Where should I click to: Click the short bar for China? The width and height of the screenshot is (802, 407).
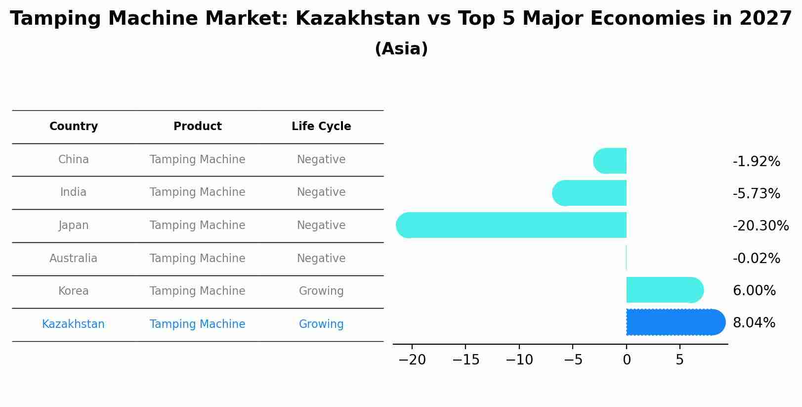point(610,161)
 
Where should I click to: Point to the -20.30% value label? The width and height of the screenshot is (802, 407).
point(760,226)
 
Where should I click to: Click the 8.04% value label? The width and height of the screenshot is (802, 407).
point(754,323)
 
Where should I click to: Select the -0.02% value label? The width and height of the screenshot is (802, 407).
point(756,258)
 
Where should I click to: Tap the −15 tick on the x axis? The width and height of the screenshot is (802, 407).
point(465,360)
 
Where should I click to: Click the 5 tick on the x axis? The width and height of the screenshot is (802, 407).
point(680,360)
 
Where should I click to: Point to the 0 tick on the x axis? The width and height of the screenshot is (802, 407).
point(627,360)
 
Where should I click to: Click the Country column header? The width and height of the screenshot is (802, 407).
point(74,127)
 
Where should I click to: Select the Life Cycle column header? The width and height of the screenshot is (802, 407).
point(321,127)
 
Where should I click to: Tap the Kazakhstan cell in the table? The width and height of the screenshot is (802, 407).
point(73,324)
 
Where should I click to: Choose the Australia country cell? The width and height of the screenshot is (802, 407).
point(73,258)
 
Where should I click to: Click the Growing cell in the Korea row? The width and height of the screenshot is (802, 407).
point(321,291)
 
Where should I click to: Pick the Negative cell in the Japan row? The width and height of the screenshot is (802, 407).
point(321,226)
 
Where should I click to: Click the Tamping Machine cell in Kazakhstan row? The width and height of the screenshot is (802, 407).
point(197,324)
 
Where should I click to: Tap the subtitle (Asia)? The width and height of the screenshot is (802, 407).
point(401,49)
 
